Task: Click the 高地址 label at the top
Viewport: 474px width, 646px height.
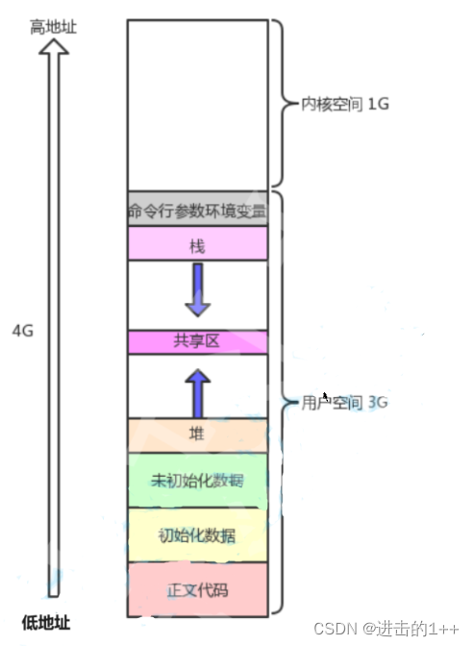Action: [x=53, y=28]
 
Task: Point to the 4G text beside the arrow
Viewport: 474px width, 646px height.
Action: [x=23, y=330]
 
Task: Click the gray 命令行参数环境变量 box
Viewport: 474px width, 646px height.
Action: [x=197, y=209]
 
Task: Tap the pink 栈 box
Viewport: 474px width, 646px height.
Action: [x=197, y=246]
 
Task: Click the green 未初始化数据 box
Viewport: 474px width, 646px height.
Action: [x=197, y=480]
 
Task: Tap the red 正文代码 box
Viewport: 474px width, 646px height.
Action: [x=197, y=588]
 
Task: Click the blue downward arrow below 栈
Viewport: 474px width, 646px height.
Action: [x=197, y=291]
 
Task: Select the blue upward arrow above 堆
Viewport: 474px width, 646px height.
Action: [x=197, y=390]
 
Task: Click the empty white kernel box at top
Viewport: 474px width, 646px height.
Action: [x=197, y=106]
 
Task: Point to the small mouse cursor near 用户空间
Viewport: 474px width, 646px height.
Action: [x=325, y=395]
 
